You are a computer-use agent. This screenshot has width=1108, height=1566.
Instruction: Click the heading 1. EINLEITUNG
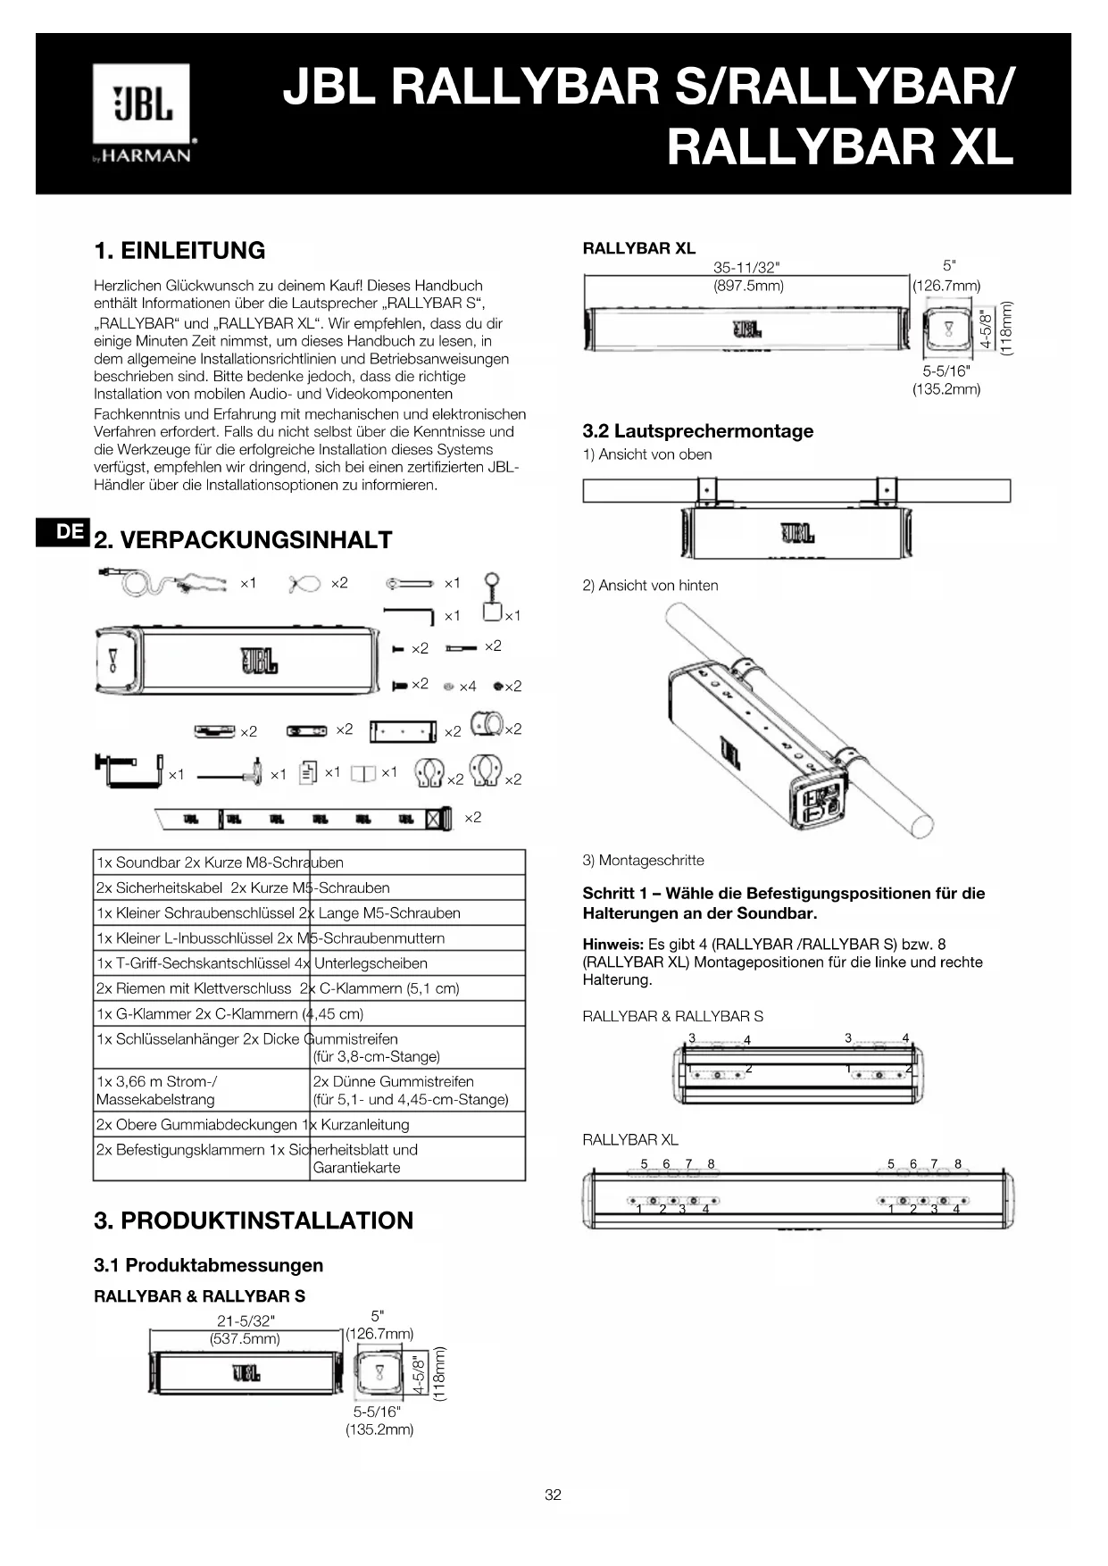(x=179, y=251)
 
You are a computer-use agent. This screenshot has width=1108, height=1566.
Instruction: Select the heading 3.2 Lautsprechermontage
(x=697, y=431)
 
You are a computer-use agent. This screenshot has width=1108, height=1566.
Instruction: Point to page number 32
(x=553, y=1495)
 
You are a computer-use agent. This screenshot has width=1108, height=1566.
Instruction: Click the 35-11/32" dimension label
(x=746, y=268)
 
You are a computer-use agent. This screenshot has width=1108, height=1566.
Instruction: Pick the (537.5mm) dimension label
(x=245, y=1339)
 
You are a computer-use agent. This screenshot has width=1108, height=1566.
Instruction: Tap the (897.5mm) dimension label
(x=748, y=286)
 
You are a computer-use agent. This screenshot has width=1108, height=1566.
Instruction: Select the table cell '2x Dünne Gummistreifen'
(x=393, y=1081)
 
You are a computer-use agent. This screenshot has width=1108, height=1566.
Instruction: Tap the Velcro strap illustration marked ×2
(x=304, y=818)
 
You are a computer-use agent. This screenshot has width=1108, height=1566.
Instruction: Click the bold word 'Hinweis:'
(x=612, y=945)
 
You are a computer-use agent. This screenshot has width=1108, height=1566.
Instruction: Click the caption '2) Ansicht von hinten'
(x=650, y=586)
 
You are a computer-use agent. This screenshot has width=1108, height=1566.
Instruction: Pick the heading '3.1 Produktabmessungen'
(x=208, y=1265)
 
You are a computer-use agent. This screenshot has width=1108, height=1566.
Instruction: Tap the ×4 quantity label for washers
(x=467, y=687)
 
